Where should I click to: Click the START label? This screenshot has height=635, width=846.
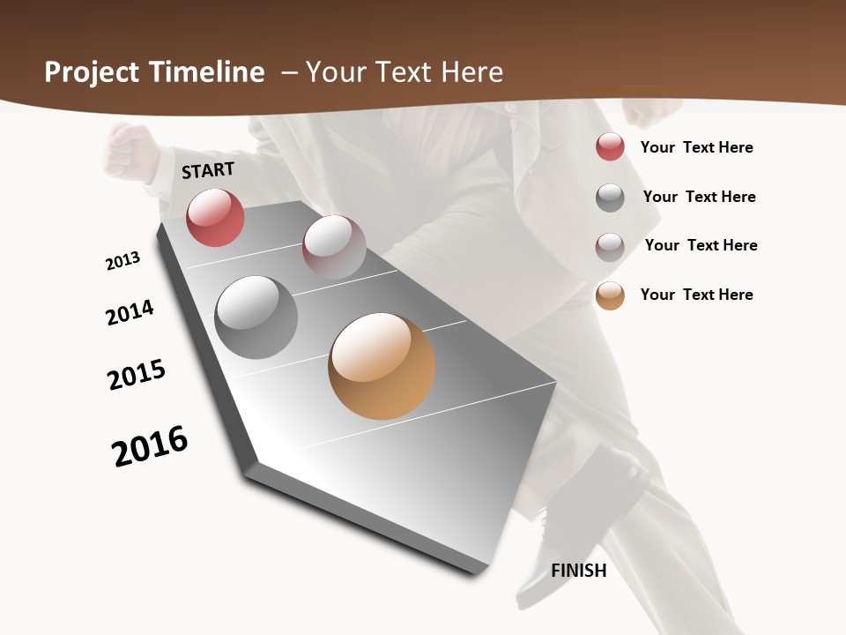208,170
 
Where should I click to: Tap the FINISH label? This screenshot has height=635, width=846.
579,571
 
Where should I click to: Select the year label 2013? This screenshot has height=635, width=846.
122,261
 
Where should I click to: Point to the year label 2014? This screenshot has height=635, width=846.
130,312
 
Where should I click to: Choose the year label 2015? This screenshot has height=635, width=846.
137,375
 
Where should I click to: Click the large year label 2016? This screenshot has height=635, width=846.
150,446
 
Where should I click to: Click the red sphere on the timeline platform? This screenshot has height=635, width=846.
215,218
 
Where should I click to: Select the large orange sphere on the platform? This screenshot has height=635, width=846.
382,366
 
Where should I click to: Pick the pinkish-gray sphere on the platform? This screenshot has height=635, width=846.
334,247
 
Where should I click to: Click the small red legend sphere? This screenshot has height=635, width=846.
610,146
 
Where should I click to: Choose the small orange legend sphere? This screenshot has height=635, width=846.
610,295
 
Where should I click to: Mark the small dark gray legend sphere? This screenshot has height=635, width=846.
610,198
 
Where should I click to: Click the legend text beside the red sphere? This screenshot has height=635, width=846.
696,147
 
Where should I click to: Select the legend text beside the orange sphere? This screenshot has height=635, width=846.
696,295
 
